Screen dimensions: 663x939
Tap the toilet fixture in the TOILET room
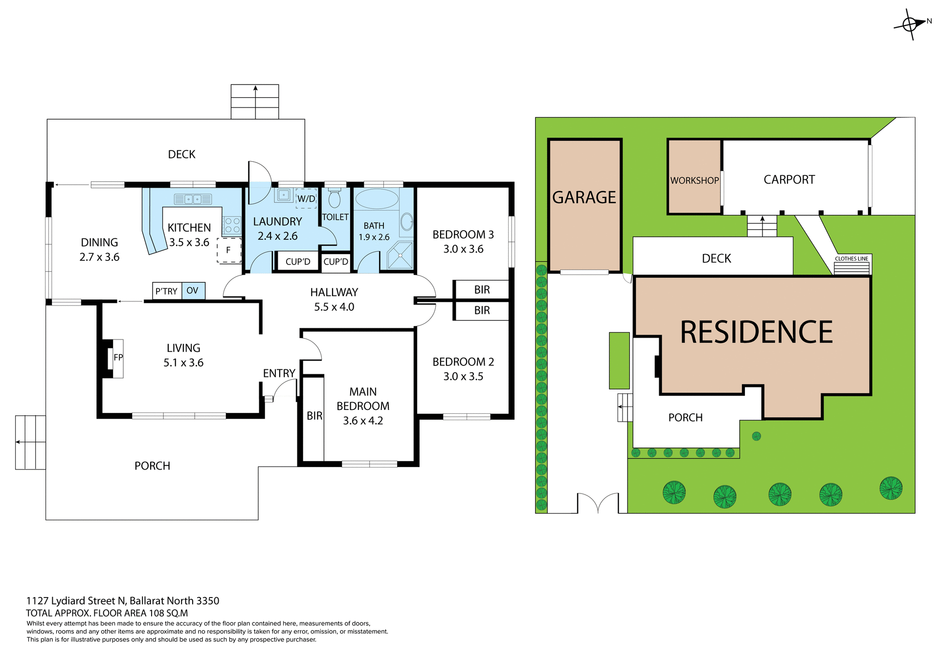pos(335,198)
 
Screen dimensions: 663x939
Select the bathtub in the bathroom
pos(377,199)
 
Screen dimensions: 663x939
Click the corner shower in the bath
pos(400,255)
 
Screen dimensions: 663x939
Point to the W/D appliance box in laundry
pos(306,198)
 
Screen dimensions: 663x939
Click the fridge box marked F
pos(229,250)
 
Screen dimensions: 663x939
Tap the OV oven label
pos(193,291)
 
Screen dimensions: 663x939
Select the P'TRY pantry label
pos(166,291)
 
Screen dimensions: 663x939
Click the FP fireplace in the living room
pos(117,358)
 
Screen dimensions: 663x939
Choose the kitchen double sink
pos(193,199)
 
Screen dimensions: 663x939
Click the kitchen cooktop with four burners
pos(232,225)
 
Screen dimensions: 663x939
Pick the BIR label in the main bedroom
pos(314,416)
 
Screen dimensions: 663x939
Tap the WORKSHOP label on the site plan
pos(694,180)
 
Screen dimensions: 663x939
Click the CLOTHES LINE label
pos(851,258)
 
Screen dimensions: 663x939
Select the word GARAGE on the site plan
pos(584,197)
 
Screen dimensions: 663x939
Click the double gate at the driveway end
pos(598,503)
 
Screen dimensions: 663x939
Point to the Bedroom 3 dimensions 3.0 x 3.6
pos(463,249)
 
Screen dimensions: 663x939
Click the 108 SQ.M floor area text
pos(169,613)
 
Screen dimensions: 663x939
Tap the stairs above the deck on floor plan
pos(255,102)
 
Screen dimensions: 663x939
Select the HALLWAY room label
pos(334,292)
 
